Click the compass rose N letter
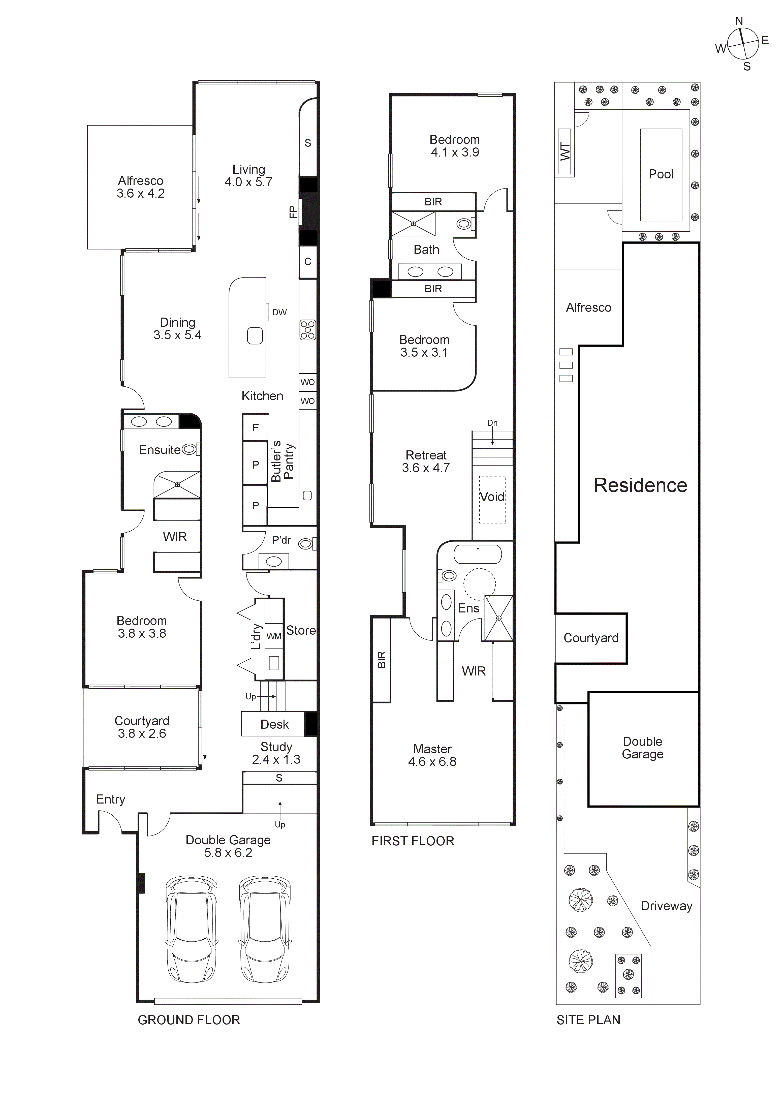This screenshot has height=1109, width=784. pyautogui.click(x=739, y=21)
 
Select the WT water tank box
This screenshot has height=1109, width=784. pyautogui.click(x=565, y=152)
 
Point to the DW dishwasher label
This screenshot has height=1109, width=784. pyautogui.click(x=279, y=313)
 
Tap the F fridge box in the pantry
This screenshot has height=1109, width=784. pyautogui.click(x=256, y=427)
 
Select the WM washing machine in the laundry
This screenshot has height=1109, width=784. pyautogui.click(x=274, y=637)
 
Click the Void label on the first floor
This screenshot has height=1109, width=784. pyautogui.click(x=492, y=497)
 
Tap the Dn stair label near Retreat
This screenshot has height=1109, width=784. pyautogui.click(x=492, y=423)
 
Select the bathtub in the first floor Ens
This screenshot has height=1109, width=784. pyautogui.click(x=478, y=555)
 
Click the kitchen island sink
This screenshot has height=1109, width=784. pyautogui.click(x=255, y=336)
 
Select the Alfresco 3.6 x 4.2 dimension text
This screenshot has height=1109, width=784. pyautogui.click(x=141, y=194)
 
